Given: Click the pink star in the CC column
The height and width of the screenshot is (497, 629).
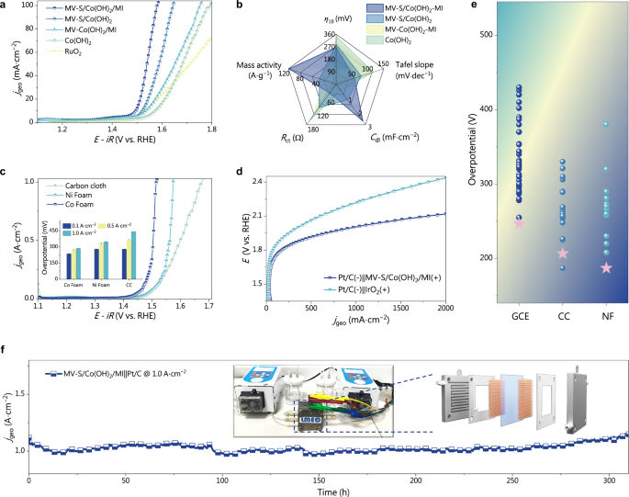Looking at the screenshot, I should (x=563, y=254).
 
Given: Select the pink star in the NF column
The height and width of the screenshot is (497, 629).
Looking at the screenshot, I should (x=606, y=268).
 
